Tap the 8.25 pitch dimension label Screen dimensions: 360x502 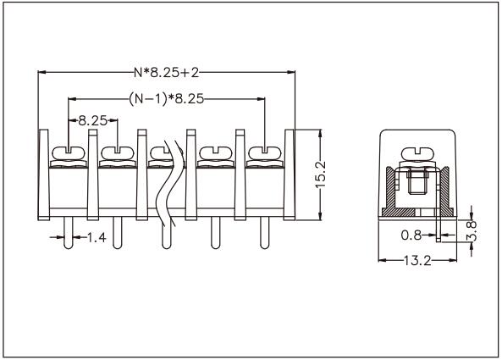[x=91, y=121]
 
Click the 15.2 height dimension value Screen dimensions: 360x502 [x=321, y=174]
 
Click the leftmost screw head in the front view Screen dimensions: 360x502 [x=66, y=153]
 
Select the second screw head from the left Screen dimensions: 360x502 [x=114, y=153]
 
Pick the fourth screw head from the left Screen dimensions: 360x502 [x=212, y=153]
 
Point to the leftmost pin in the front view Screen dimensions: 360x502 [x=66, y=236]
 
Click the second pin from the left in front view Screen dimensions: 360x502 [x=115, y=236]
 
